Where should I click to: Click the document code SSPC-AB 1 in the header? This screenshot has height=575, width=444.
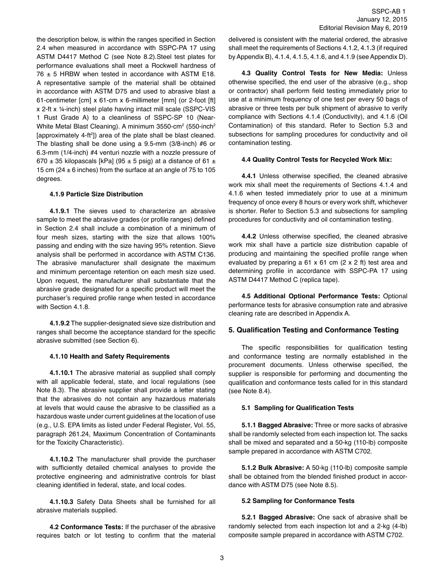point(389,11)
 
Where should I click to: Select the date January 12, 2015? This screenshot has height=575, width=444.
point(381,19)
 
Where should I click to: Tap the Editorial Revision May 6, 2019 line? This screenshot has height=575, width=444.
point(363,28)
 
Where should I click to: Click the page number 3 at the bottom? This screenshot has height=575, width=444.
point(222,558)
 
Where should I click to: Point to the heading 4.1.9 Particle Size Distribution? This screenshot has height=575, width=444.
point(96,194)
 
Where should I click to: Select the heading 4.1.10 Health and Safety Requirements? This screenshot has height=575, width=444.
point(109,356)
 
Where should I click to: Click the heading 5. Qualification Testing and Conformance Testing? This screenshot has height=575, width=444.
point(313,330)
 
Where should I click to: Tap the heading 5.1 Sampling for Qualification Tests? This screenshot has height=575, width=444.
point(298,408)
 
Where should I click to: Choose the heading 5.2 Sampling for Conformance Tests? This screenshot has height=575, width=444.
point(298,501)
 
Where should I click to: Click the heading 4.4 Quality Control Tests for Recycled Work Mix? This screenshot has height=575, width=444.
point(316,159)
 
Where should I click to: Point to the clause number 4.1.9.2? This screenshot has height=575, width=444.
point(59,323)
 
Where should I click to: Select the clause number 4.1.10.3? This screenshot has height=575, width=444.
point(61,502)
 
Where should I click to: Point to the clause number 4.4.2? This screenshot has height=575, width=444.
point(249,236)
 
